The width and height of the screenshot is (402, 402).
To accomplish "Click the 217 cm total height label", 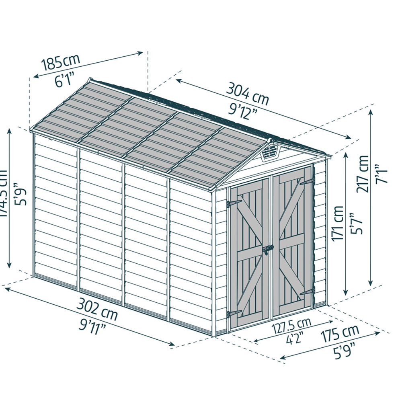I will [363, 174].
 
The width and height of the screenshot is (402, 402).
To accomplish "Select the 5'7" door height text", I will [357, 224].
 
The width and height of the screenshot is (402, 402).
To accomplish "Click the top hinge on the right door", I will [306, 182].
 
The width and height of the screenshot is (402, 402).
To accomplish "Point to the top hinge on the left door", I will [234, 203].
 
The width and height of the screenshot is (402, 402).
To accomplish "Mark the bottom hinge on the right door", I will [307, 291].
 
